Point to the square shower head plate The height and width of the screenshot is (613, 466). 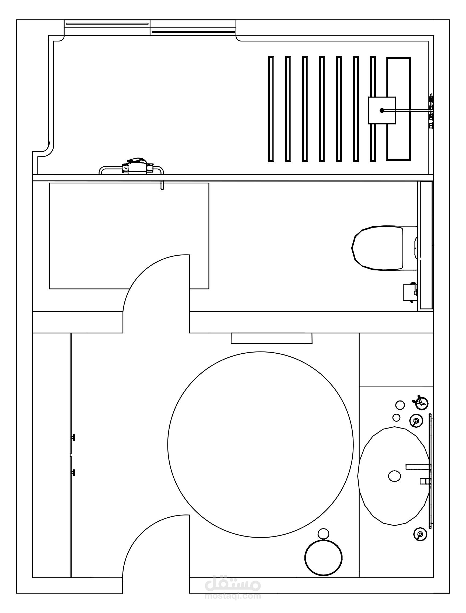(382, 110)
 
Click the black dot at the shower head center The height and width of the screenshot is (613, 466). (382, 110)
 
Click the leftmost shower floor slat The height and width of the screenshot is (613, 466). (271, 109)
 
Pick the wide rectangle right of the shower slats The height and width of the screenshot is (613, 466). (398, 109)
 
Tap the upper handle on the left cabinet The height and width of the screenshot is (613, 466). (73, 437)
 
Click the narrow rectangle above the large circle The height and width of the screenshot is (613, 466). (272, 338)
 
